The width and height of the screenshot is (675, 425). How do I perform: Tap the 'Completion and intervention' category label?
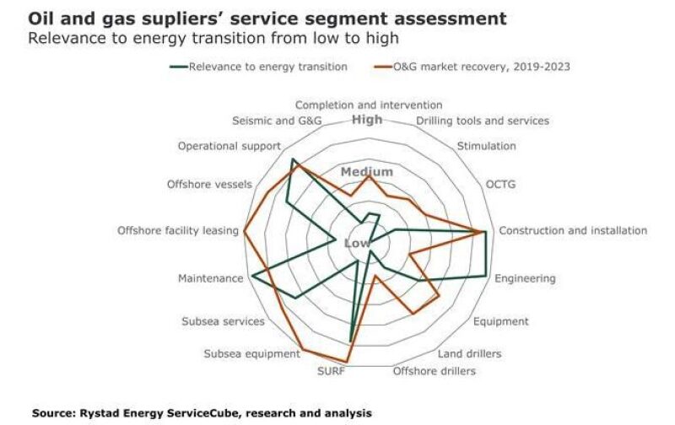click(x=368, y=105)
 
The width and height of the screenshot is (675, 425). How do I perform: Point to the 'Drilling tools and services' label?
click(x=483, y=121)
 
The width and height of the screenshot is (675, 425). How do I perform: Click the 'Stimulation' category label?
click(x=486, y=146)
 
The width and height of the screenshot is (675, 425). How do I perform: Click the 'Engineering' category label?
click(x=524, y=278)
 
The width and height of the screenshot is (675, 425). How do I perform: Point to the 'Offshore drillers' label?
click(x=435, y=371)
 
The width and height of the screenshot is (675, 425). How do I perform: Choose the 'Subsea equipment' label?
click(x=251, y=353)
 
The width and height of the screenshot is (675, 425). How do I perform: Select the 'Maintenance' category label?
click(x=210, y=278)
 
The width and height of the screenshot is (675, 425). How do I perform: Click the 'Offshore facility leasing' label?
click(x=178, y=230)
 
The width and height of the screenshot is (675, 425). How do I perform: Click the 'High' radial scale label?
click(x=367, y=120)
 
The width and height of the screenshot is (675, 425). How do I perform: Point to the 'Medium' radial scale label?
click(x=366, y=172)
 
